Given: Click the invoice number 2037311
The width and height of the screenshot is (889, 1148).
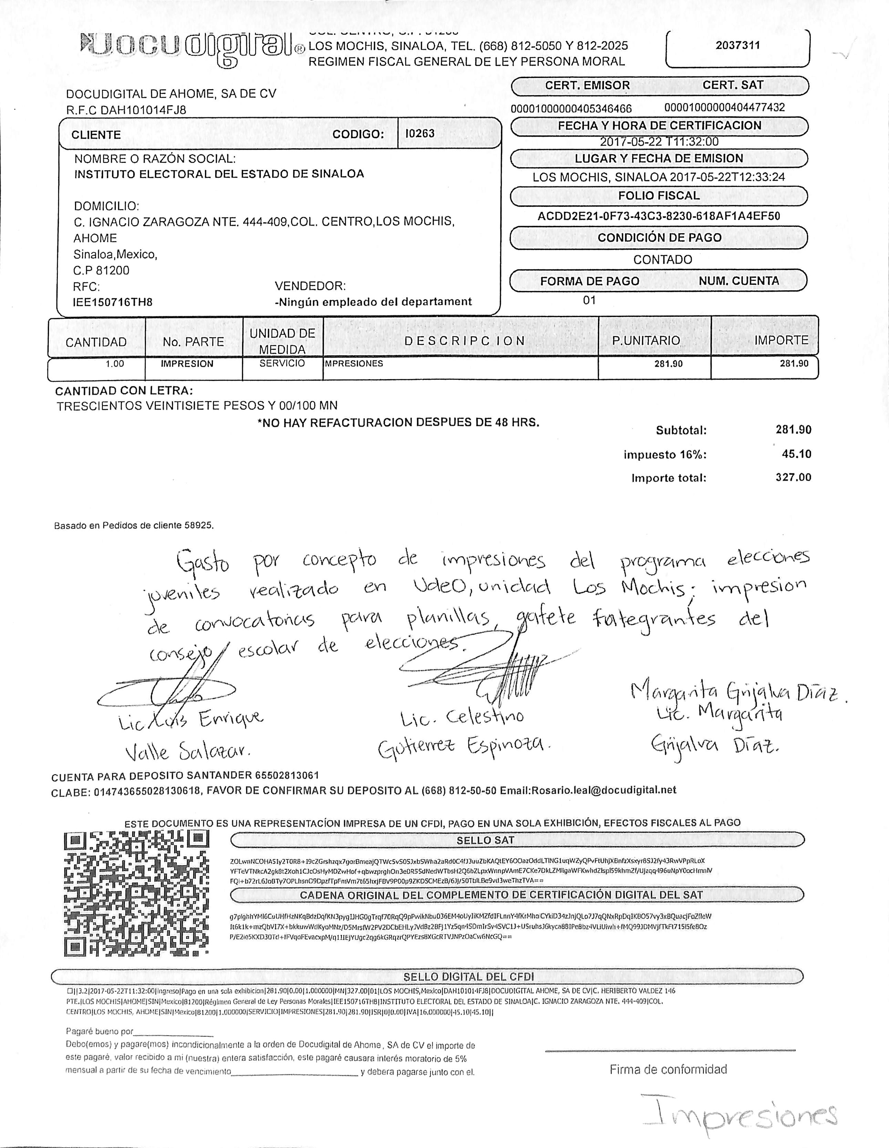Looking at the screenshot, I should click(737, 45).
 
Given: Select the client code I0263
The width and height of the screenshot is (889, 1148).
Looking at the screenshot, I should click(420, 134).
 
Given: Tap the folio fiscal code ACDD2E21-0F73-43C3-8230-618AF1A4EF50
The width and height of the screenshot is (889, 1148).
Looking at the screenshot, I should click(659, 216).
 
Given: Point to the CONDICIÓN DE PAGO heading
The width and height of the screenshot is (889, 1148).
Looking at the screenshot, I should click(659, 237).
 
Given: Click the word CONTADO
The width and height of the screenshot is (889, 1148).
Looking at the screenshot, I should click(662, 260).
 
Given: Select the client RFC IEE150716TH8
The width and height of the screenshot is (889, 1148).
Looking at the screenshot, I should click(113, 302).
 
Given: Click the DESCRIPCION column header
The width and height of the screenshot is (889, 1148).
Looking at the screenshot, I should click(465, 341).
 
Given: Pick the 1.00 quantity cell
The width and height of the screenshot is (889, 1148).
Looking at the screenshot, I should click(115, 364).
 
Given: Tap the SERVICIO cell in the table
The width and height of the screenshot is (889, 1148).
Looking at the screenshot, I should click(282, 363).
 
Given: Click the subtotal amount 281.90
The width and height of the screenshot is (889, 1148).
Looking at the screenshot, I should click(793, 429).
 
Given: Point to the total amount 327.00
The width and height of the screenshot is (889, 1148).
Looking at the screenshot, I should click(793, 477).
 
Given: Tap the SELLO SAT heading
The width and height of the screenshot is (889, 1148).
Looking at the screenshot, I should click(485, 840).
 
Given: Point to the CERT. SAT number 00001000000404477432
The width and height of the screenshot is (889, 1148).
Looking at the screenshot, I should click(724, 108).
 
